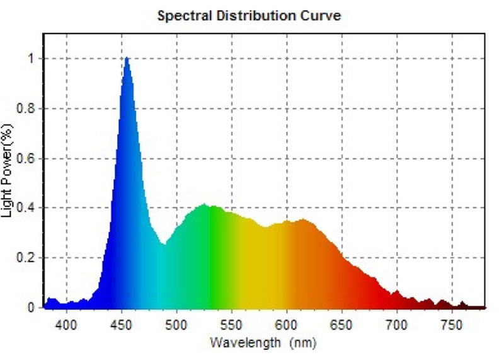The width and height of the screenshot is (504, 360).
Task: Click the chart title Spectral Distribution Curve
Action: tap(249, 16)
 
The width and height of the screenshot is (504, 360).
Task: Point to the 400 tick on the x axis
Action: tap(66, 325)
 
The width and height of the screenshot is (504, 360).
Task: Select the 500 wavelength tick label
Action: tap(176, 325)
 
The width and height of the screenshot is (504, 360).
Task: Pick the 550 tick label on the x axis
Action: tap(232, 325)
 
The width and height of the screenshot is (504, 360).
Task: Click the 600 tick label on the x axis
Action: tap(287, 325)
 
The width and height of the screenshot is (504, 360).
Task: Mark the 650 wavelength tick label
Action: tap(342, 325)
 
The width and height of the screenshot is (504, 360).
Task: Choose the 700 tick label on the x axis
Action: tap(397, 325)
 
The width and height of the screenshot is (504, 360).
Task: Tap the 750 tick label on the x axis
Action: tap(452, 325)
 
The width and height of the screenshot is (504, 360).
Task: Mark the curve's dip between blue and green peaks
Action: tap(164, 244)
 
